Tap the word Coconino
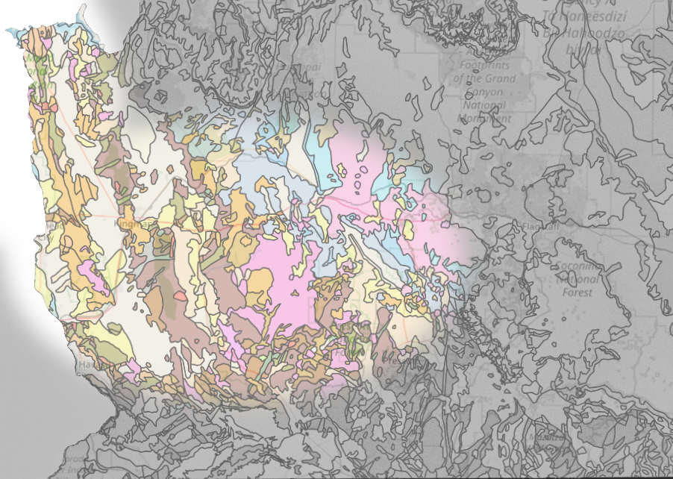click(575, 266)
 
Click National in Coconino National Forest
click(575, 280)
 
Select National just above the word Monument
click(484, 105)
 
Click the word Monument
click(484, 118)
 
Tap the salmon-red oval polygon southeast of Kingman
click(180, 296)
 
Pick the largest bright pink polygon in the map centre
click(276, 269)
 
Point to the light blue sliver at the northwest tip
click(16, 34)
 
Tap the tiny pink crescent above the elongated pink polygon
click(98, 254)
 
